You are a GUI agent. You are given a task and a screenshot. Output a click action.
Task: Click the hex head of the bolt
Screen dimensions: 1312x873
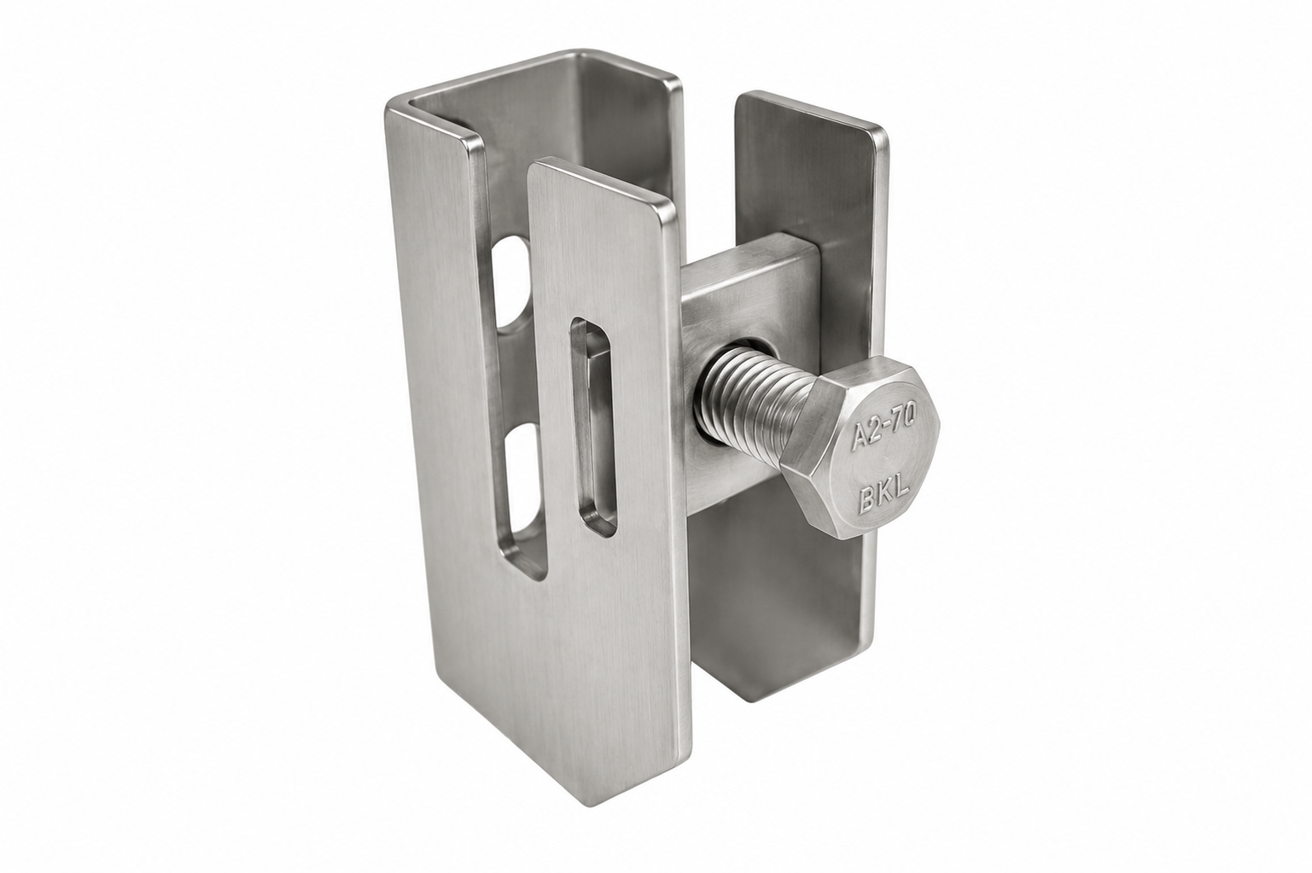point(861,448)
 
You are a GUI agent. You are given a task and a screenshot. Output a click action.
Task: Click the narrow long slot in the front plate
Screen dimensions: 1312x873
point(592,428)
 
